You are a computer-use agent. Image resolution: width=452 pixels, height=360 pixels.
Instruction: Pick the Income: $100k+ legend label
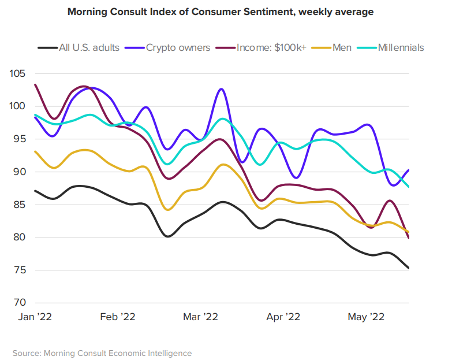pyautogui.click(x=268, y=48)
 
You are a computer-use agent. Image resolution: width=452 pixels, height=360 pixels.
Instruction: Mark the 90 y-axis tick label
pyautogui.click(x=20, y=172)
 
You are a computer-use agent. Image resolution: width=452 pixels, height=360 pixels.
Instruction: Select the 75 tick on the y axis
pyautogui.click(x=20, y=270)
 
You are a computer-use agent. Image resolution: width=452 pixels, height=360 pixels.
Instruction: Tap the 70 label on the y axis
pyautogui.click(x=20, y=303)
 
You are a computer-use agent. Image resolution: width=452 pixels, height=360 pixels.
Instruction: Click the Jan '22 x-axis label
pyautogui.click(x=35, y=317)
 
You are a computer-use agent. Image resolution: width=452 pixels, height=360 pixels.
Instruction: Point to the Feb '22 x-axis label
pyautogui.click(x=117, y=317)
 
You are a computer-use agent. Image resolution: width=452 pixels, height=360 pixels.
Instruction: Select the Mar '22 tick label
pyautogui.click(x=200, y=317)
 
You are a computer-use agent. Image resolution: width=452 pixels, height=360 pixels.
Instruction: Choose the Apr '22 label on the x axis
pyautogui.click(x=283, y=317)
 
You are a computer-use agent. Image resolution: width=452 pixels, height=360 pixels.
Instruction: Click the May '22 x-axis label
pyautogui.click(x=365, y=317)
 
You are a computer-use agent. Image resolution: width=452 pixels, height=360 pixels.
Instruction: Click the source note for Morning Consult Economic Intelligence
pyautogui.click(x=102, y=352)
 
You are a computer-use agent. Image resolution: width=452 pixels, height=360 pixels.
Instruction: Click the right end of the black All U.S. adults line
pyautogui.click(x=409, y=268)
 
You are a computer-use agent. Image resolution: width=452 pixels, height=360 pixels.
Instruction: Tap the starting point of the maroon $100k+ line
pyautogui.click(x=35, y=85)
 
